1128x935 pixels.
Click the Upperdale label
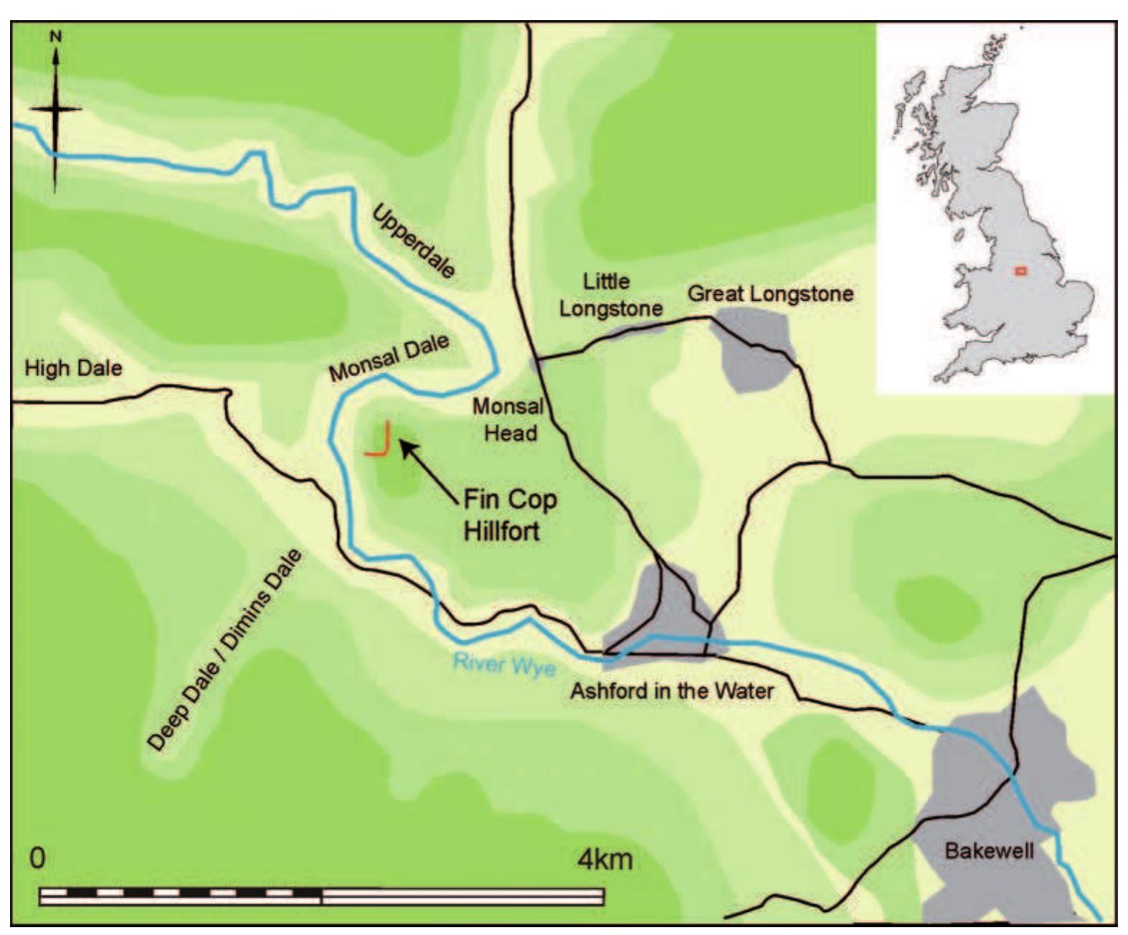413,240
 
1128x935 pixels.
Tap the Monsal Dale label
389,357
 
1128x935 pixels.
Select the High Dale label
73,369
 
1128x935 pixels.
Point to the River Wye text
504,664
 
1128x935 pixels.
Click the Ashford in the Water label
672,691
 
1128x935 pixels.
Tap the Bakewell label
989,851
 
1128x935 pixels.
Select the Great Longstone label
770,293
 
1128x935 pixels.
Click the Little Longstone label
610,295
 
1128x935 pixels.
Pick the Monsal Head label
508,420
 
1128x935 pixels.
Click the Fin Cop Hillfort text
510,515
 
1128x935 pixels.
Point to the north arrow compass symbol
55,109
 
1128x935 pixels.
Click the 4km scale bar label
605,858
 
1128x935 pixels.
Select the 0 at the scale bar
37,858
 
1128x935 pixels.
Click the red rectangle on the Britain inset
1021,271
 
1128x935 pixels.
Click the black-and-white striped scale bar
322,896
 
